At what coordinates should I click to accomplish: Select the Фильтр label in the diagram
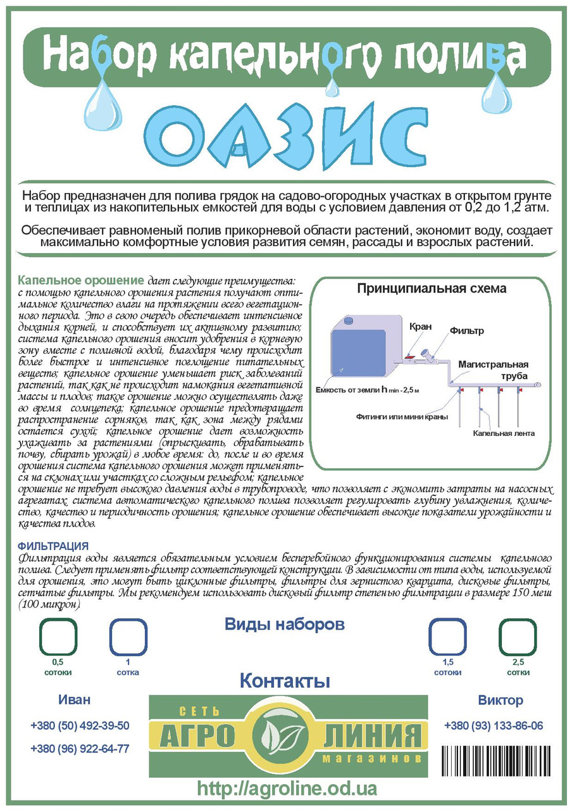coord(466,331)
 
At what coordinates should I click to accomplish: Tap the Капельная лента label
coord(504,433)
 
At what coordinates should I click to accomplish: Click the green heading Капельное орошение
coord(81,280)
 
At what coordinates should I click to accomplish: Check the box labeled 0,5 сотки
coord(58,637)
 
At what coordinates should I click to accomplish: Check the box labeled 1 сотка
coord(128,637)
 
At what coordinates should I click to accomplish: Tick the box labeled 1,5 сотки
coord(447,637)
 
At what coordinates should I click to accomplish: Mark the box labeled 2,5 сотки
coord(518,637)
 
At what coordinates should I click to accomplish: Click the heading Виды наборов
coord(285,625)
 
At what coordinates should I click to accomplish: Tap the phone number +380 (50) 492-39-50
coord(80,726)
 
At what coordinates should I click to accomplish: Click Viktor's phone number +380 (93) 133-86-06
coord(494,726)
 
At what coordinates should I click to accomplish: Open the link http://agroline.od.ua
coord(287,788)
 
